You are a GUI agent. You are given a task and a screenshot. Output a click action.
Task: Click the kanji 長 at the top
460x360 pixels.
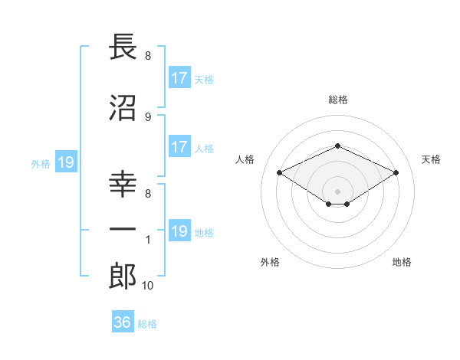pos(123,47)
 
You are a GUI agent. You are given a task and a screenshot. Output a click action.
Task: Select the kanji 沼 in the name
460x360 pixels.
pos(123,108)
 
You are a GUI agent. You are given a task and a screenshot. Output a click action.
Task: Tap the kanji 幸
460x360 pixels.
pos(123,184)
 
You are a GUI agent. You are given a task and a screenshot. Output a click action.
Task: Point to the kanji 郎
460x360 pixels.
pos(123,276)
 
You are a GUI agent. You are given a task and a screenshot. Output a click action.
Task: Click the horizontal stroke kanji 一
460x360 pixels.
pos(123,229)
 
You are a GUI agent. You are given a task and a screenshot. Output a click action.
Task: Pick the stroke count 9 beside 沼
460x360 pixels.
pos(148,117)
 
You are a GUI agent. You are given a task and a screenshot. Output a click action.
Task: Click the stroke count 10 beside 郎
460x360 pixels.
pos(147,286)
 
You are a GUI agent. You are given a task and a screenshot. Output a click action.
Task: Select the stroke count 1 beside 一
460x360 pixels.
pos(148,240)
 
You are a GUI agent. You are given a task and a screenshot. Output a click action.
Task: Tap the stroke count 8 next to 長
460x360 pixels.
pos(148,56)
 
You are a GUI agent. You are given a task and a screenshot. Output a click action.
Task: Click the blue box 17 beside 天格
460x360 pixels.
pos(179,77)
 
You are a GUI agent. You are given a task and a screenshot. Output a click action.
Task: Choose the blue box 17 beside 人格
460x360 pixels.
pos(179,146)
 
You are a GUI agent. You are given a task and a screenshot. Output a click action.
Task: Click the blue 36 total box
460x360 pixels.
pos(123,321)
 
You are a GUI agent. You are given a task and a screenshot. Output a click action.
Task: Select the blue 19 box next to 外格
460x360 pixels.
pos(66,162)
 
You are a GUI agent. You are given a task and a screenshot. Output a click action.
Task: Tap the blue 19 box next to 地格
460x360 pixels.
pos(179,230)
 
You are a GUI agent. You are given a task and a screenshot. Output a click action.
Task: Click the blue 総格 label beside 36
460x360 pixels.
pos(147,324)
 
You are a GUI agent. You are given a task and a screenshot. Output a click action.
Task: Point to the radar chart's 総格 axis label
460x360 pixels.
pos(338,100)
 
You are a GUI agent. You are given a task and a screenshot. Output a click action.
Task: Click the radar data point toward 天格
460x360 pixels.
pos(396,172)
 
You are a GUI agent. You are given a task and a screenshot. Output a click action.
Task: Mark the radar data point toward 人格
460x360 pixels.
pos(280,172)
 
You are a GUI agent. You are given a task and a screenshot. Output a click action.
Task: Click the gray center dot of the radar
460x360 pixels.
pos(337,191)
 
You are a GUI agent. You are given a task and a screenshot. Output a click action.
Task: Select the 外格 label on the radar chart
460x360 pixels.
pos(270,262)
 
